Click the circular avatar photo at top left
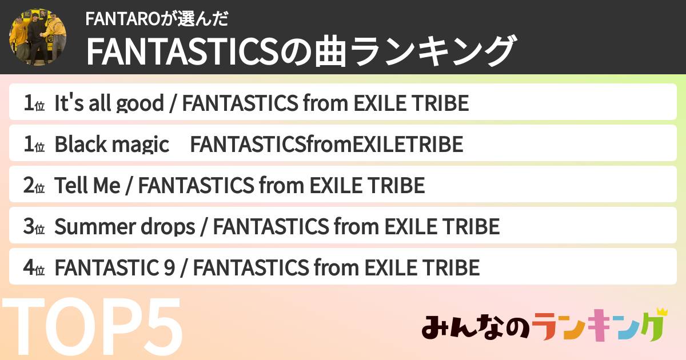[37, 37]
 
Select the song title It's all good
[109, 103]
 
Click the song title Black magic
[111, 145]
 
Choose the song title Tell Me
[87, 186]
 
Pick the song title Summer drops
[125, 227]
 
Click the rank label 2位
[34, 186]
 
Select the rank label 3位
[34, 227]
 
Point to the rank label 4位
[34, 268]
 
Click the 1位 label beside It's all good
[34, 104]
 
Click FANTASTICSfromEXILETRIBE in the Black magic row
[326, 145]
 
